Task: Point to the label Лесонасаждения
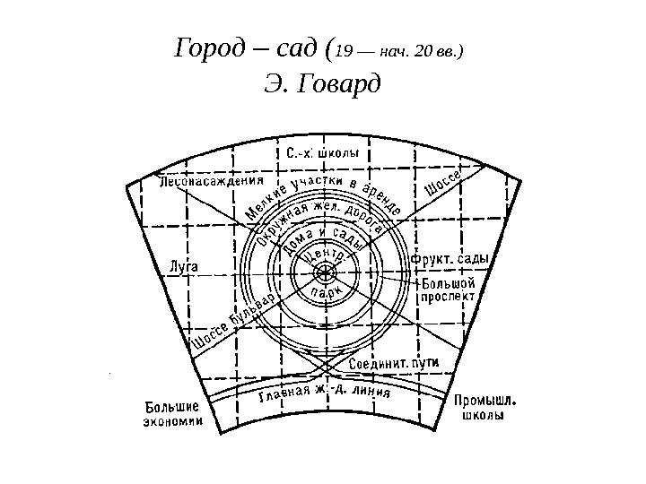(x=204, y=182)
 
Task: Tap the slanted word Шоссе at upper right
(x=441, y=184)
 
